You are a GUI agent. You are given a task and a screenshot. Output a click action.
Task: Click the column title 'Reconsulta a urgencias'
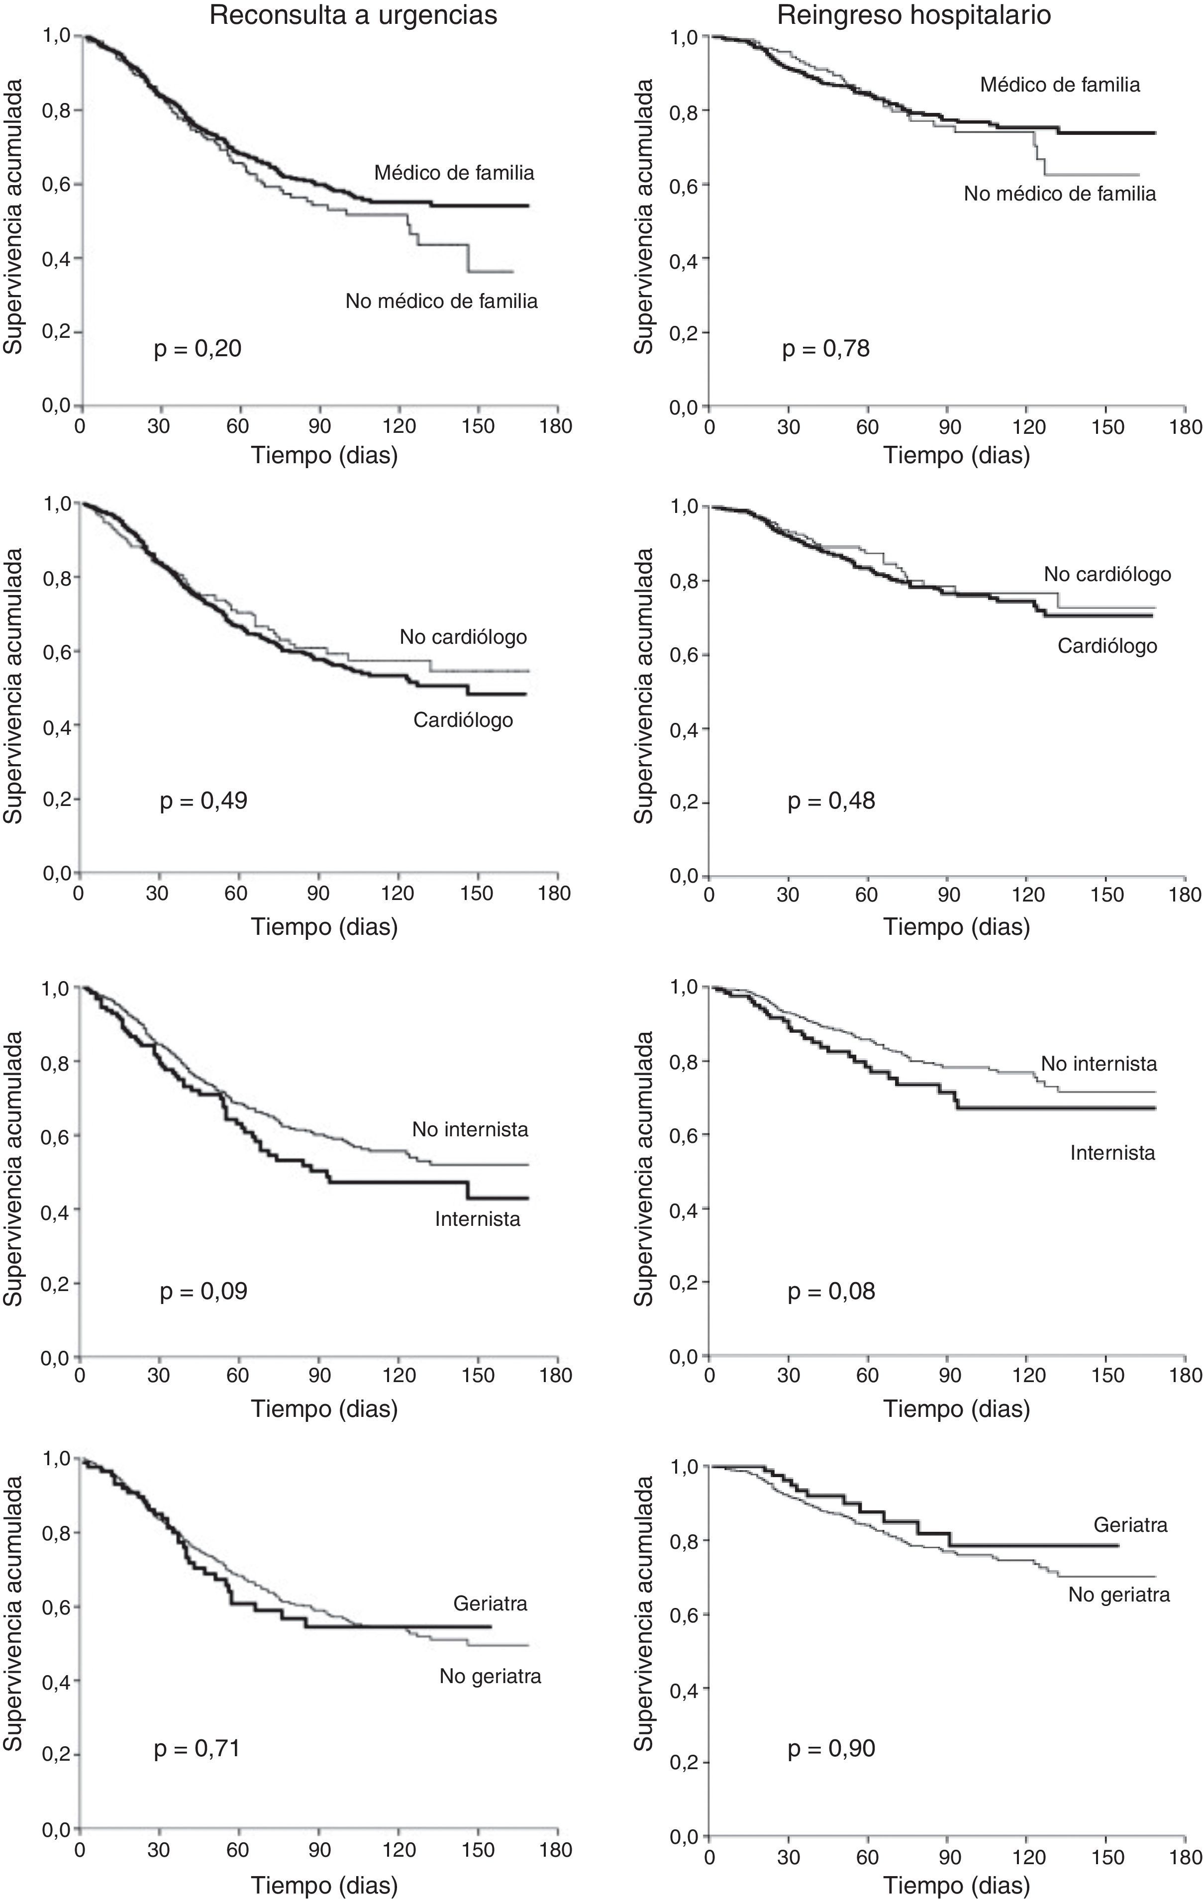pos(353,16)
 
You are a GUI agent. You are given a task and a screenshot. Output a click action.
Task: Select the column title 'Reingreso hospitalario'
pos(914,16)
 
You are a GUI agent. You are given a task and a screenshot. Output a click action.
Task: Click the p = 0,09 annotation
pos(203,1291)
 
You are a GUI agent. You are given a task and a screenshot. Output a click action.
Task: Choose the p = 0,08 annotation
pos(831,1291)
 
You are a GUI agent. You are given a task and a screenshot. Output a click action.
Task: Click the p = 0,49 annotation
pos(203,800)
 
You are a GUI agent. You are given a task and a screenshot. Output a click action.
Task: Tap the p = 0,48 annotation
pos(831,800)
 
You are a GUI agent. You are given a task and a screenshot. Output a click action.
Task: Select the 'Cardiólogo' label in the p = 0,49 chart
pos(463,719)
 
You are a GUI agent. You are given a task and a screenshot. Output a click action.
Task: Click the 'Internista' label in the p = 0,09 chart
pos(477,1219)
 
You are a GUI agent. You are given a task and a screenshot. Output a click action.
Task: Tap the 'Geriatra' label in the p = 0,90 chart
pos(1130,1524)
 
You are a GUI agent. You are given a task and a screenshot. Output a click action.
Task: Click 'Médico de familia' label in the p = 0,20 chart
pos(454,173)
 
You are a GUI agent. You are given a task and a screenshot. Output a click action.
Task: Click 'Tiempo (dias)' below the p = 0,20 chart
pos(324,455)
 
